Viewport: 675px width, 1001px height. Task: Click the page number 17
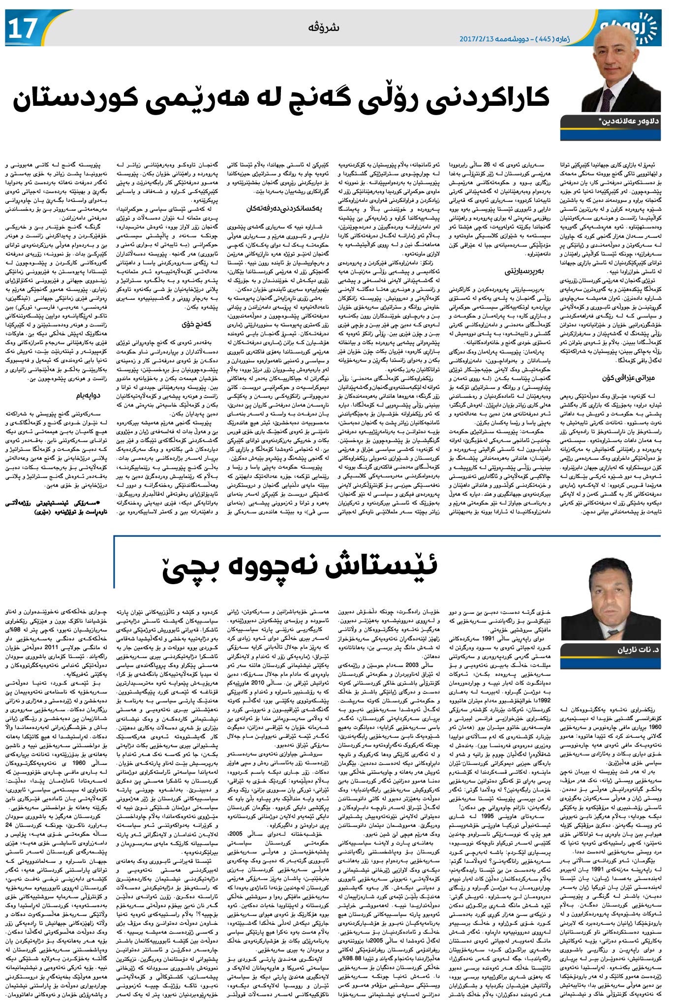point(23,29)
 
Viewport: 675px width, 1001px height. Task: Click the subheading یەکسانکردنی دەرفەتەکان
point(283,208)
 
